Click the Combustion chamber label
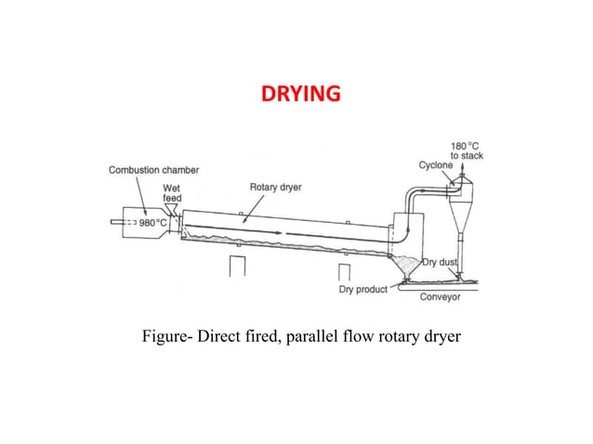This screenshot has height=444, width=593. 153,170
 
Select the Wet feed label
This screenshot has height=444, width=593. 173,192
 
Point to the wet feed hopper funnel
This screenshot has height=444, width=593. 174,209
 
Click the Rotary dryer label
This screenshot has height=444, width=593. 274,187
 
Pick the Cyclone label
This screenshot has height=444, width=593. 435,164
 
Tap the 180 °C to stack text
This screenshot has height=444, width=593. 466,150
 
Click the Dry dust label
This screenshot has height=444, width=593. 442,263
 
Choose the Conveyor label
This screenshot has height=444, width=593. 441,297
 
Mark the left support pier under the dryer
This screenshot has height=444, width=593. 237,267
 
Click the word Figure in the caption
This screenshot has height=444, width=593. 163,334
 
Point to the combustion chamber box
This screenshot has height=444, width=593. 144,224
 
